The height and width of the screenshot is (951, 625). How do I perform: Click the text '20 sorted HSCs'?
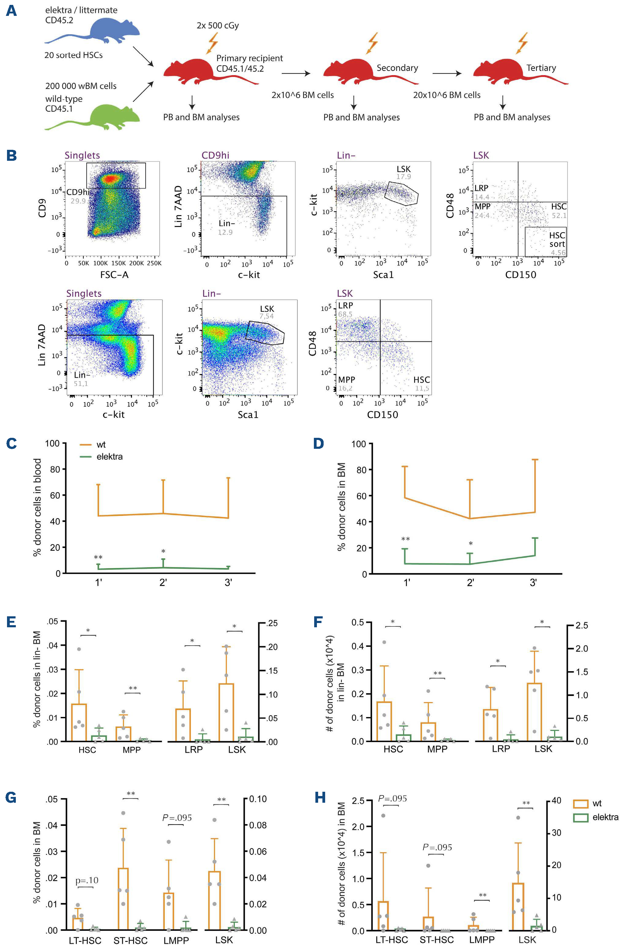point(73,55)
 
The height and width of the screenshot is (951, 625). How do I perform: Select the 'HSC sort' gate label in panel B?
point(557,240)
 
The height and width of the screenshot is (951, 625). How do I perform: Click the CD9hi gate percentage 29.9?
point(78,201)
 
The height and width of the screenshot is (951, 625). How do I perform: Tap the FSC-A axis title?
point(114,275)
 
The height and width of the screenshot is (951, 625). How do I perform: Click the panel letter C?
point(12,444)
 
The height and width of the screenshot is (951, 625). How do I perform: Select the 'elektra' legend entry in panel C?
point(109,457)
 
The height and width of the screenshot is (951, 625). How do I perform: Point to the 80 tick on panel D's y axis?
point(361,470)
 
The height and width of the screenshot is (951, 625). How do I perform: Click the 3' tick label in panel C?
point(228,583)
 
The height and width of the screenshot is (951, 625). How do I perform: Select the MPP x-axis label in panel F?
point(437,750)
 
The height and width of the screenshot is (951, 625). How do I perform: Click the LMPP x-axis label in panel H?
point(482,940)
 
